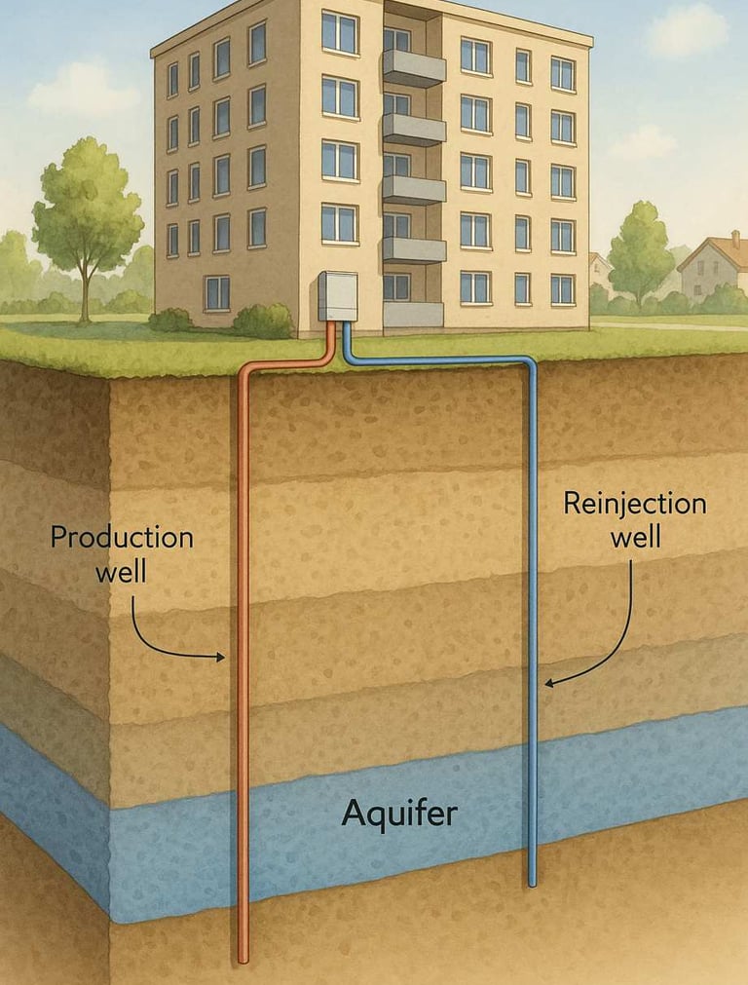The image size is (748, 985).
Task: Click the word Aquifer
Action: point(398,813)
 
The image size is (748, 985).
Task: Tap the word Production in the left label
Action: point(122,537)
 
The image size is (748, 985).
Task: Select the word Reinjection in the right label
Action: point(634,504)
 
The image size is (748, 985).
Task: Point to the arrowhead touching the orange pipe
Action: point(219,657)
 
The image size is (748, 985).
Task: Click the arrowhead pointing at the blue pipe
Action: point(548,684)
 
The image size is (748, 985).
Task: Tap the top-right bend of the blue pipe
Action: point(529,364)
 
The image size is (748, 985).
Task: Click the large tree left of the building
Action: point(88,209)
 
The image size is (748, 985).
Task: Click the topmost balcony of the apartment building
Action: point(414,68)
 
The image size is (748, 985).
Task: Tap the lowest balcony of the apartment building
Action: point(413,313)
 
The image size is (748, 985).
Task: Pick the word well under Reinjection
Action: point(635,537)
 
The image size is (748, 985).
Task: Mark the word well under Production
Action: point(121,570)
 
